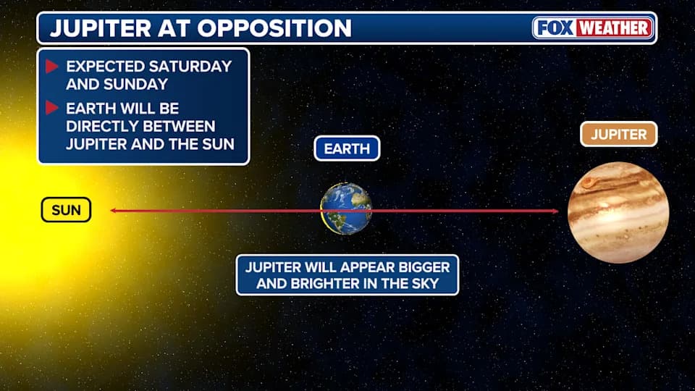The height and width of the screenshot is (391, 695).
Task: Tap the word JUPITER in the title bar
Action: coord(100,28)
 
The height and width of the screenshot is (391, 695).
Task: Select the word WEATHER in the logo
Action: coord(615,28)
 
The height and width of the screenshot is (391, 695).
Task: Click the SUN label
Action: coord(66,211)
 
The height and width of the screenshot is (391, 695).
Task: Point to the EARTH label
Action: coord(347,149)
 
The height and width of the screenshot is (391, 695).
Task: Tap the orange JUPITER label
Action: coord(618,135)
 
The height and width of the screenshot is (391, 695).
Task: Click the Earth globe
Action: coord(346,209)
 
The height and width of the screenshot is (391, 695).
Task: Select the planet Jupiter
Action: coord(618,212)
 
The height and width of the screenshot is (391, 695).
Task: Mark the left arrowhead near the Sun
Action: coord(114,211)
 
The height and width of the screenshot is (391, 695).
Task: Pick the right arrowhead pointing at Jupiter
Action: coord(555,211)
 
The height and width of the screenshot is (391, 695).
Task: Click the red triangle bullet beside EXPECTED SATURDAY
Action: coord(51,67)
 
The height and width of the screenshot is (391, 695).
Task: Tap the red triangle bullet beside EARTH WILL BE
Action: coord(51,109)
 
